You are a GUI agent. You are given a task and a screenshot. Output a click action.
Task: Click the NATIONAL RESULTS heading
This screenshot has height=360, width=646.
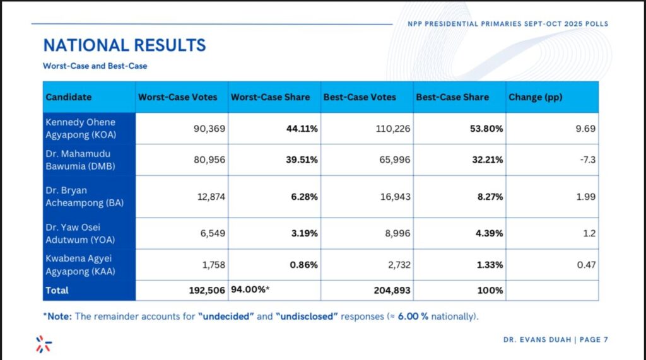click(124, 45)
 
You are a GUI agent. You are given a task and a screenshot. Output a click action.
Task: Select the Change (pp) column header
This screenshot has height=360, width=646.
click(534, 97)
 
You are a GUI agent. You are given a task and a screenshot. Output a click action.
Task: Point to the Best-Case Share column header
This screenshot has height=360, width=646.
click(452, 97)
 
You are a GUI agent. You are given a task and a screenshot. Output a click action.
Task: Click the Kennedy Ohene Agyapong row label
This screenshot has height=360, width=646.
click(79, 128)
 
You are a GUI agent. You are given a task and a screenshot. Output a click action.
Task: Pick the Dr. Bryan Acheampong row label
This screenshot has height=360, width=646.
click(74, 196)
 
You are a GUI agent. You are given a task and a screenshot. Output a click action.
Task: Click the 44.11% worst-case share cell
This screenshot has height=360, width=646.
click(303, 129)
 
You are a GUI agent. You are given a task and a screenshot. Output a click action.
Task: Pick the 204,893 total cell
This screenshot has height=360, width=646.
click(389, 291)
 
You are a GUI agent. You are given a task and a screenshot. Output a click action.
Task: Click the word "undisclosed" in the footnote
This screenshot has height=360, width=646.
click(307, 316)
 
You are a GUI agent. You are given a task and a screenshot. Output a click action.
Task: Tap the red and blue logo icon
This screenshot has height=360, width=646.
click(44, 344)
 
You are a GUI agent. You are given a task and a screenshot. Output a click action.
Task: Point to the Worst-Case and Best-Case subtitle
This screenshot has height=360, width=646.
click(95, 66)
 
